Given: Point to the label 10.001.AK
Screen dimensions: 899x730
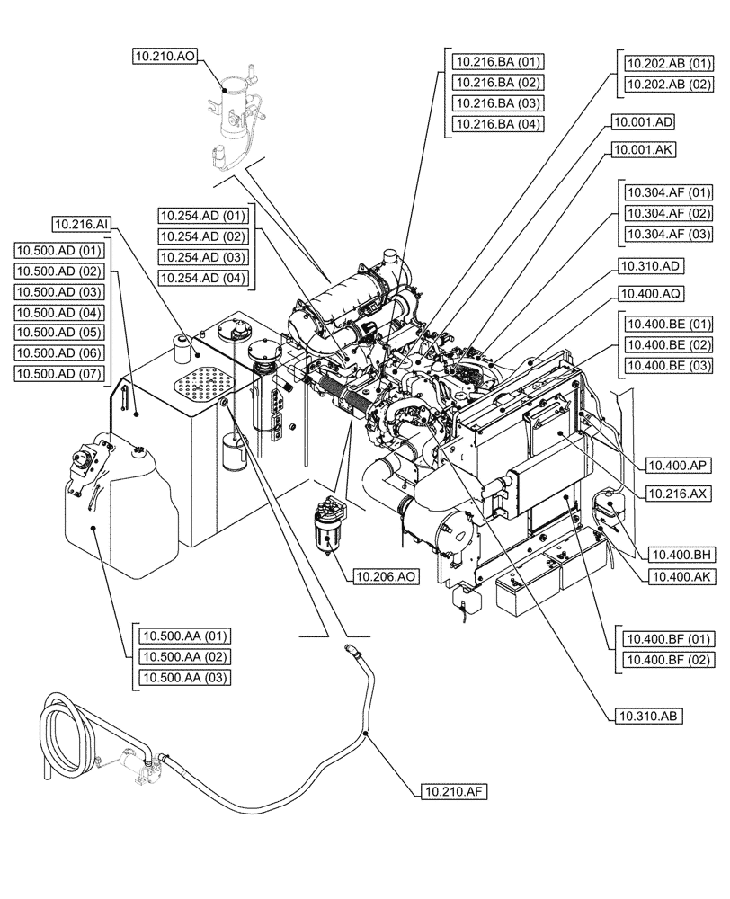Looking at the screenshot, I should (643, 148).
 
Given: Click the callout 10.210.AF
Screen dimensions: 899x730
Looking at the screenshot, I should (452, 791).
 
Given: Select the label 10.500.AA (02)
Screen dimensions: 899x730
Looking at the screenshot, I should (184, 657).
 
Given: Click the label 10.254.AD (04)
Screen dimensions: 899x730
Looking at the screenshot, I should (202, 278).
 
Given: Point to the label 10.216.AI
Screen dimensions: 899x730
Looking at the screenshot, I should (81, 223).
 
